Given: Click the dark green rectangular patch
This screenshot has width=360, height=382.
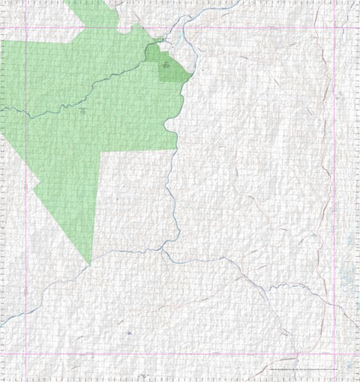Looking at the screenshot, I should [166, 66].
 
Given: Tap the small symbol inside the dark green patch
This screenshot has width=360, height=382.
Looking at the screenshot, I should [166, 65].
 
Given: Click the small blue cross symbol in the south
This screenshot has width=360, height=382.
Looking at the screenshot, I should [129, 332].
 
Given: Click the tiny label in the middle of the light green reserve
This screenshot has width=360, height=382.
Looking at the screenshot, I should [82, 111].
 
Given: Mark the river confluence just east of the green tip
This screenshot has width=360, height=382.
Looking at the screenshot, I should [163, 252].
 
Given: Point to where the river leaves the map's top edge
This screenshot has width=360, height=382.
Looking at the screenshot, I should [238, 1].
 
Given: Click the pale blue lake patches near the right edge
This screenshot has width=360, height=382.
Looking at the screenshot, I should [346, 281].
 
